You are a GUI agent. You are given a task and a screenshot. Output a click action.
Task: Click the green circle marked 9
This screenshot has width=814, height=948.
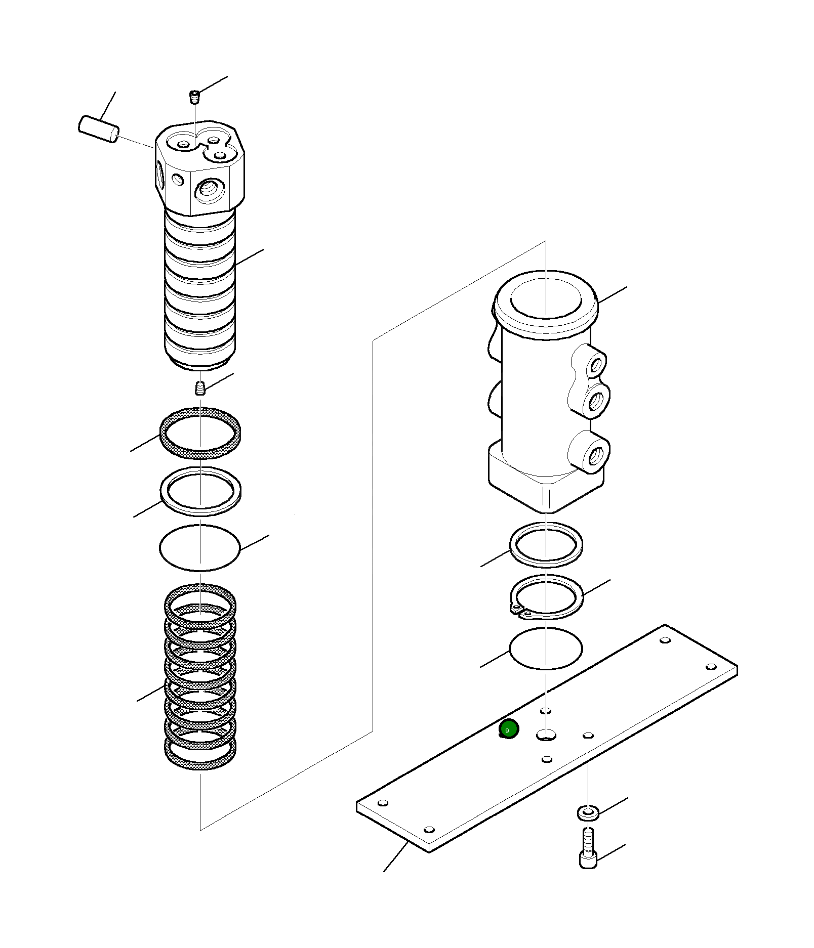pos(509,729)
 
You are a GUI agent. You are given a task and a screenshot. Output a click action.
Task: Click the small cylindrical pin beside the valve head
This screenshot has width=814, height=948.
pos(99,129)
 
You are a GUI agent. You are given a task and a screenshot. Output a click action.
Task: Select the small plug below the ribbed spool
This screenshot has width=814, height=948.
pos(200,387)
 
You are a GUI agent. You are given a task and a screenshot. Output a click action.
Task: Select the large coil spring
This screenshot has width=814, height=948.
pos(200,678)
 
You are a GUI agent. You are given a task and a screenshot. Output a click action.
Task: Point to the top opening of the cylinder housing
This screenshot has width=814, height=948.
pos(546,297)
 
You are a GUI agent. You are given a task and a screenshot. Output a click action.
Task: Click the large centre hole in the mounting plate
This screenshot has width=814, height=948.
pos(546,734)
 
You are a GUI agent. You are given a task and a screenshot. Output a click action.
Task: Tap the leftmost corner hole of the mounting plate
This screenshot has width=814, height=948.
pos(383,803)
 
